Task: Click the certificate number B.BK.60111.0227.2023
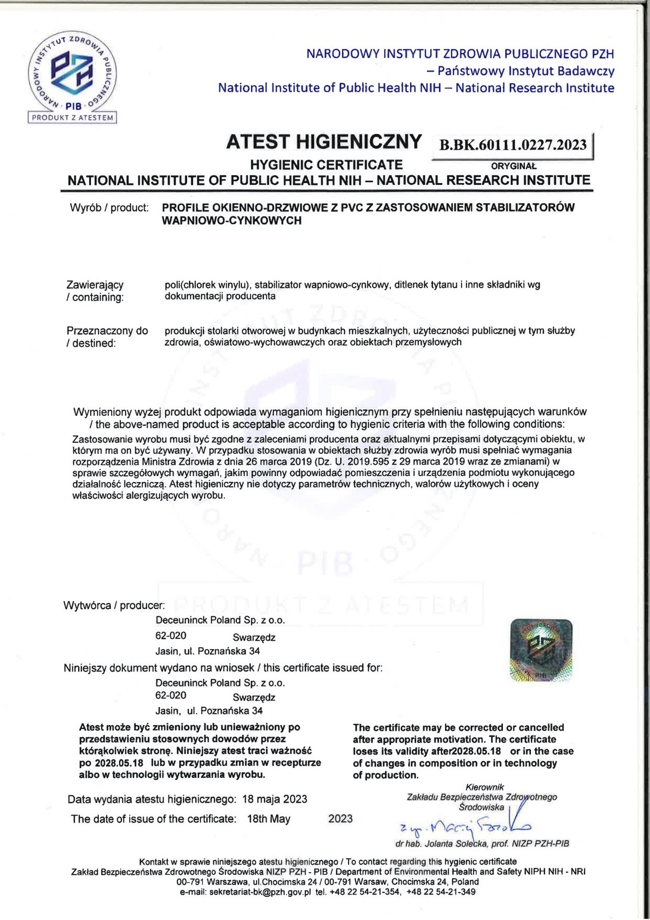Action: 513,144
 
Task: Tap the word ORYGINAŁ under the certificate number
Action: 513,167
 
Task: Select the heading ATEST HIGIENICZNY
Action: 324,142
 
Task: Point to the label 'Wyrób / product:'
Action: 109,208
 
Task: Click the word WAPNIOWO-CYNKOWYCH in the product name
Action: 232,221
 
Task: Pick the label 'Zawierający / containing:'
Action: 95,291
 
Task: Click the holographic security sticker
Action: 541,650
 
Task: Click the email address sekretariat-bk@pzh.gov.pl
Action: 260,892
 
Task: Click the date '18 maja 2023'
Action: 274,799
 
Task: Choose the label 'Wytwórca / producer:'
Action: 114,605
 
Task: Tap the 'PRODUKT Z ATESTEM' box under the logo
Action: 72,118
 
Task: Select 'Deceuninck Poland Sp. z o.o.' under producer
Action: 220,620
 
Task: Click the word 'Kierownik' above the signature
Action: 485,787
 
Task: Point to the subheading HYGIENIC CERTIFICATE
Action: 326,165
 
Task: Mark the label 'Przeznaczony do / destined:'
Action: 107,337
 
